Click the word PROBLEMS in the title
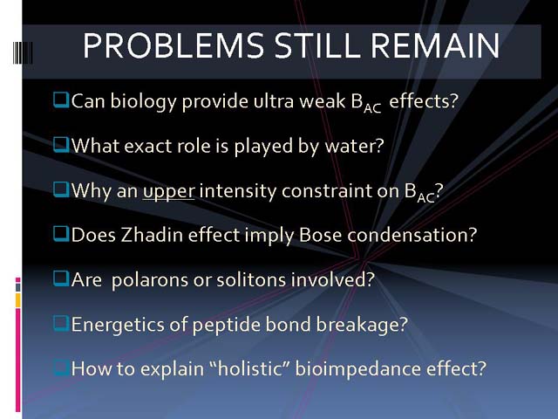[x=174, y=45]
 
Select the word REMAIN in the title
[x=435, y=45]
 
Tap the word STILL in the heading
[x=317, y=45]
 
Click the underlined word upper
[x=168, y=192]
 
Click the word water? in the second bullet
[x=355, y=146]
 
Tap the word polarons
[x=150, y=280]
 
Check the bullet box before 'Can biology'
[x=61, y=100]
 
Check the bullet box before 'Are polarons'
[x=61, y=278]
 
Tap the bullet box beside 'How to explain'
[x=61, y=367]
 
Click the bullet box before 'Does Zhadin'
[x=61, y=234]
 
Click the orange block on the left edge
[x=18, y=300]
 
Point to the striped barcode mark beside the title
[x=23, y=52]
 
